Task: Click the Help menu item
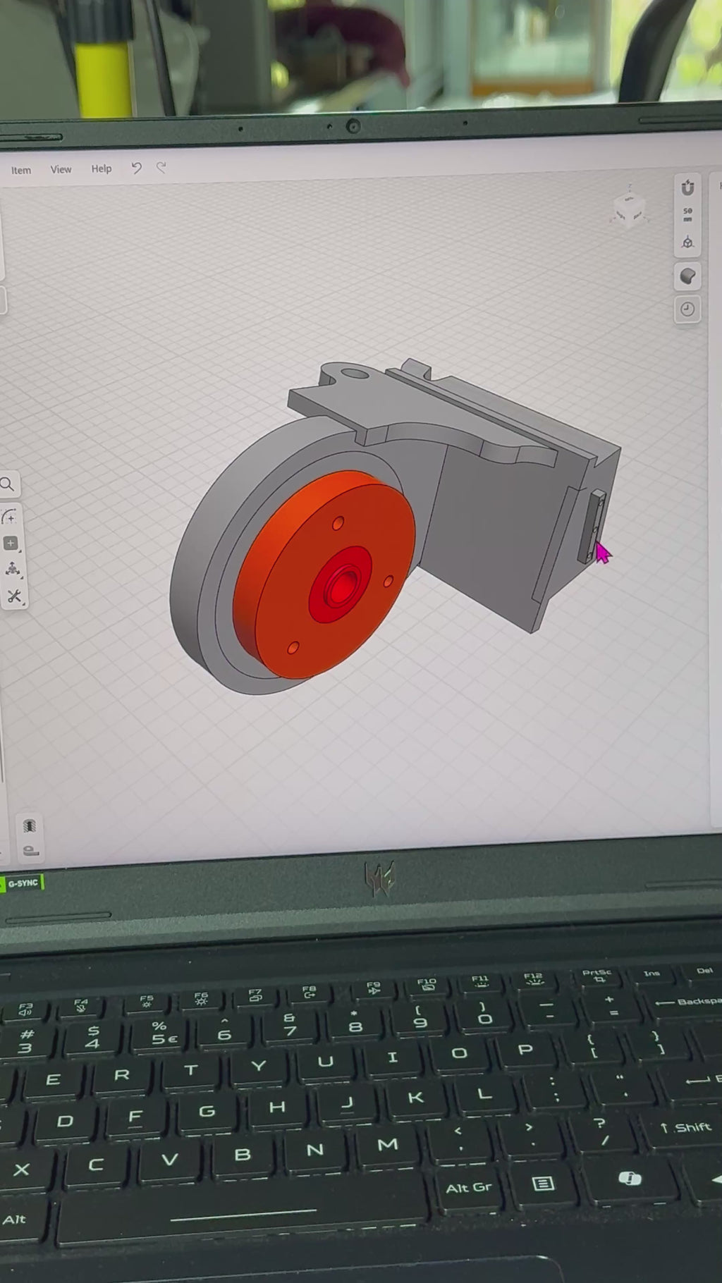[102, 169]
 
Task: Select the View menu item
[61, 170]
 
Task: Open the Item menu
[21, 171]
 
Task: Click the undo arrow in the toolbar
[137, 168]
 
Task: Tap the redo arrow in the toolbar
[161, 167]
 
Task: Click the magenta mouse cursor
[602, 553]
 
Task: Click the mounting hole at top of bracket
[355, 372]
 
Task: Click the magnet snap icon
[687, 188]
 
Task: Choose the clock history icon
[687, 309]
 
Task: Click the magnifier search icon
[8, 484]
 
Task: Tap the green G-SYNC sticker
[23, 883]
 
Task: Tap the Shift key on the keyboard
[685, 1128]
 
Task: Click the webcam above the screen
[353, 126]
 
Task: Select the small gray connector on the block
[592, 526]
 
